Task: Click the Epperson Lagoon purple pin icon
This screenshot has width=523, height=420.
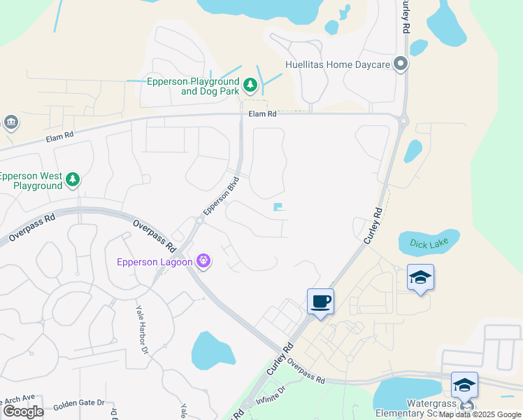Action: (x=203, y=261)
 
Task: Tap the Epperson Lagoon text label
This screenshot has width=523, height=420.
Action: (x=155, y=262)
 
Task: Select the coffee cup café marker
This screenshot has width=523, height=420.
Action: (x=320, y=302)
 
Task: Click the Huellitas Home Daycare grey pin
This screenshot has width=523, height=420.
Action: (x=401, y=64)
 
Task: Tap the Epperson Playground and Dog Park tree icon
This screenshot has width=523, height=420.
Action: (x=250, y=86)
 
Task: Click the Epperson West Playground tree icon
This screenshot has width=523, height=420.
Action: (x=72, y=181)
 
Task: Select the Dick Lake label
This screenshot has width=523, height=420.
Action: (x=428, y=244)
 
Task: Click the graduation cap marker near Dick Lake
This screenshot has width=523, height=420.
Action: (x=420, y=278)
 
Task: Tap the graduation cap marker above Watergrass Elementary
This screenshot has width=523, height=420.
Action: (x=464, y=385)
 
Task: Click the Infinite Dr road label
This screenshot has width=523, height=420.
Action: (x=271, y=397)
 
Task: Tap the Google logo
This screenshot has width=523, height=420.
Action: (x=23, y=412)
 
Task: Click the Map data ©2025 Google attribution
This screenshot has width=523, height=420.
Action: (x=480, y=414)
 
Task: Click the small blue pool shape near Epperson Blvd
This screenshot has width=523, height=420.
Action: (x=280, y=207)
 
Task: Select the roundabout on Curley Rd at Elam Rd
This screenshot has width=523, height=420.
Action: (x=403, y=120)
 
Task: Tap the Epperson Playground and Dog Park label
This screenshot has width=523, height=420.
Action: (x=193, y=86)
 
